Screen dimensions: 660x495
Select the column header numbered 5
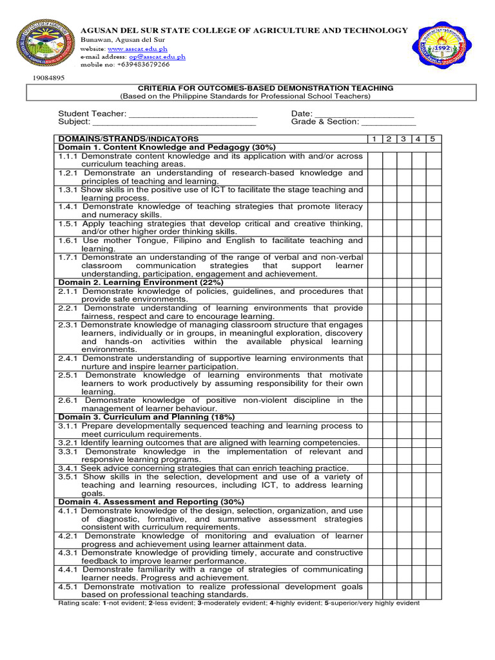(433, 139)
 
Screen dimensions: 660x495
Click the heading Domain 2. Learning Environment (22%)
(141, 282)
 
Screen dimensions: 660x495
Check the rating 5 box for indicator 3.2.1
(433, 443)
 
